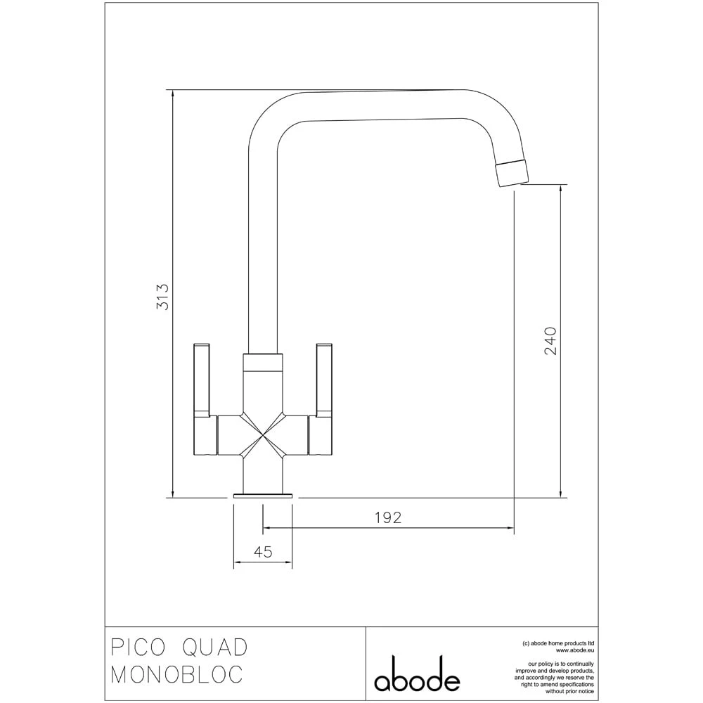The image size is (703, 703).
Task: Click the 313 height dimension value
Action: pos(162,297)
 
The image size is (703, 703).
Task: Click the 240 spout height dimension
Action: pos(550,341)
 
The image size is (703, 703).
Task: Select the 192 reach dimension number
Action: pos(387,517)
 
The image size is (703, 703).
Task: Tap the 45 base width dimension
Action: pos(262,553)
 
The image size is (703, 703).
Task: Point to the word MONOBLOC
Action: pos(177,674)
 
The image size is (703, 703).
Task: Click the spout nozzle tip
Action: pos(511,173)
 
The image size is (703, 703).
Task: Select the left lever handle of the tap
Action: pos(202,380)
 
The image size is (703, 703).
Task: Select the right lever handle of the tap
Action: pos(324,380)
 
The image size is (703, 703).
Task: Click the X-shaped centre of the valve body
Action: pos(263,437)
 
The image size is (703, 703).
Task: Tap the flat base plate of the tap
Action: pos(263,496)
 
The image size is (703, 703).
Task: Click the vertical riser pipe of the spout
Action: pos(263,246)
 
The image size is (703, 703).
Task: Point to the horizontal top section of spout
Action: pos(380,104)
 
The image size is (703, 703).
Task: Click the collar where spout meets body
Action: pos(263,362)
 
